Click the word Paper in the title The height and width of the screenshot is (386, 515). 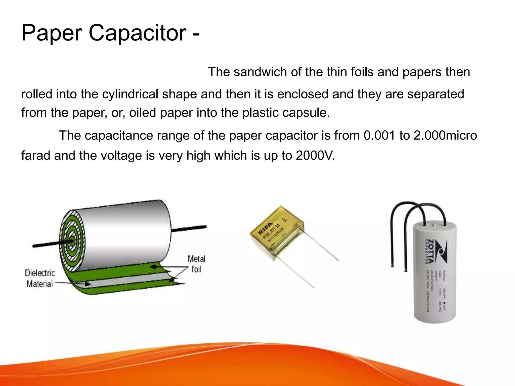[52, 33]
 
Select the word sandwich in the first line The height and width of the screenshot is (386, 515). [260, 72]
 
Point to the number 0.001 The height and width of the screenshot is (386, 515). [379, 136]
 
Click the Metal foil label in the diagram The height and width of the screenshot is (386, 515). [196, 264]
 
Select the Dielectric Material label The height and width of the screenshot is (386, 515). [40, 278]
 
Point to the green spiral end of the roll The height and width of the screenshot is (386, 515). [72, 241]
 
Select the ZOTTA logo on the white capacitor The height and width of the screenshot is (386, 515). [438, 251]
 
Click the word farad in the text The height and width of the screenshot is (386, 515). [35, 156]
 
